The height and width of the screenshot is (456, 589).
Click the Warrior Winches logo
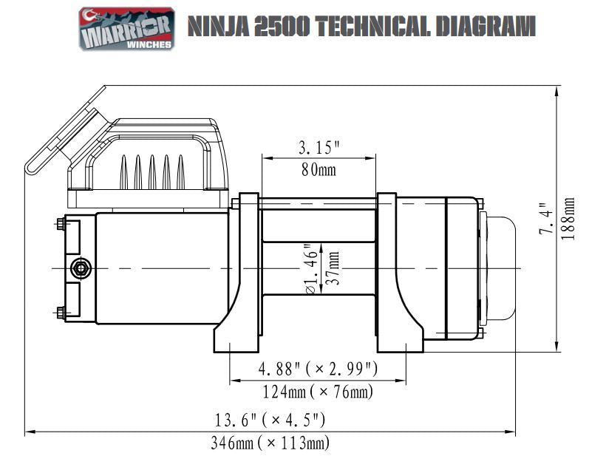127,29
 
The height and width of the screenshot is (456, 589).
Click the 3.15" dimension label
319,147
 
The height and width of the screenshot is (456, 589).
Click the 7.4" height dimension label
546,219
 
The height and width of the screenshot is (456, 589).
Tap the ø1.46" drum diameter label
310,268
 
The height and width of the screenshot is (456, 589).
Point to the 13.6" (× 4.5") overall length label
270,421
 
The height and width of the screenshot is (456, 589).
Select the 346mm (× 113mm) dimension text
270,443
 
